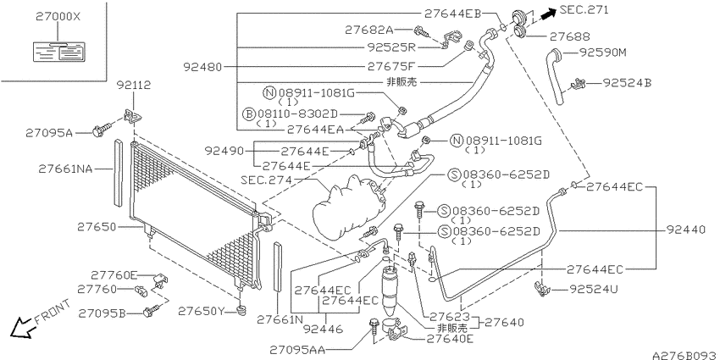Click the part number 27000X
58,17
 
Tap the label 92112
133,85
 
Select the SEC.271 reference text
584,10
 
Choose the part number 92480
202,68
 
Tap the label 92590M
602,53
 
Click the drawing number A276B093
685,355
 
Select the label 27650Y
202,312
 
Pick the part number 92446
323,329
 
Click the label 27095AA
297,351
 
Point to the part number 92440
685,230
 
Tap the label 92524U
594,290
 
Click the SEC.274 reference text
266,180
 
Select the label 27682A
369,30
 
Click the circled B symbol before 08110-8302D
248,114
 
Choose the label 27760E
114,275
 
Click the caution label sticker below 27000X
58,52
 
